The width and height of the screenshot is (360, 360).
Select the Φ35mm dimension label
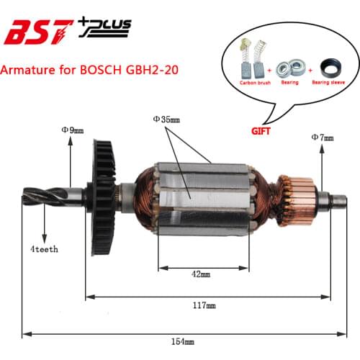pos(168,118)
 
